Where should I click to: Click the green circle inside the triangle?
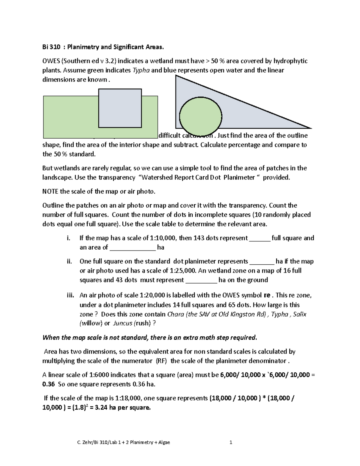point(200,116)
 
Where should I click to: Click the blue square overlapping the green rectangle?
point(120,108)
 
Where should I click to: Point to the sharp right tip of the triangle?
point(310,128)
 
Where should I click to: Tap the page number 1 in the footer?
point(231,442)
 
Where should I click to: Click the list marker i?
point(69,238)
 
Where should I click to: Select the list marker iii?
point(70,296)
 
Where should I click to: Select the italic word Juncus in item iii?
point(123,323)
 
